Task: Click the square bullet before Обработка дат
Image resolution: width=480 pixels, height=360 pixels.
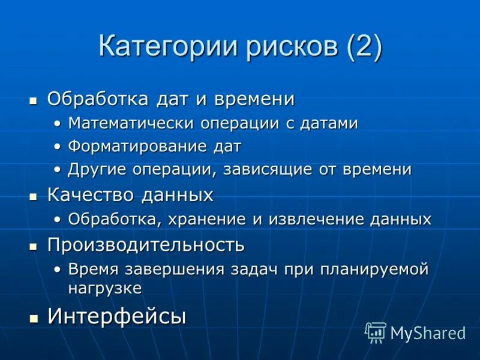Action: click(x=34, y=99)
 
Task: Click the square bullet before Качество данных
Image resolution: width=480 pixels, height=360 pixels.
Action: click(x=34, y=196)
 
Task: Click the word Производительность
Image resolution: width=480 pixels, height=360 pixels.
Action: click(x=146, y=245)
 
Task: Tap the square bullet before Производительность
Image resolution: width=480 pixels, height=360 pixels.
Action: click(x=34, y=246)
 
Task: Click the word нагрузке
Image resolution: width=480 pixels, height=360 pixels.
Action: click(x=105, y=288)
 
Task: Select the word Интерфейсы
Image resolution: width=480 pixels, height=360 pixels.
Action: click(x=117, y=316)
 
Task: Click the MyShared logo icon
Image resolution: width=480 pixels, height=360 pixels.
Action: click(x=376, y=332)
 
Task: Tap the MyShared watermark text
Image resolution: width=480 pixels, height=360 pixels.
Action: click(x=428, y=333)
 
